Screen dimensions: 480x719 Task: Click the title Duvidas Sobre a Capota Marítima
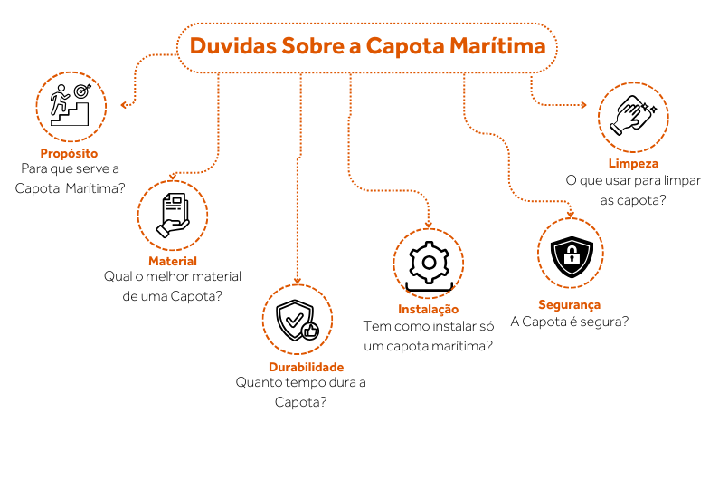pyautogui.click(x=367, y=46)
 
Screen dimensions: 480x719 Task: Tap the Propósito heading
pyautogui.click(x=69, y=153)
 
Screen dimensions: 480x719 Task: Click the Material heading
pyautogui.click(x=173, y=262)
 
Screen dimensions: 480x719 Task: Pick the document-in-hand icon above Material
pyautogui.click(x=173, y=215)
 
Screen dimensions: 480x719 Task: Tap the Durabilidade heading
pyautogui.click(x=306, y=367)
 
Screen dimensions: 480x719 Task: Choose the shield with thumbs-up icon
pyautogui.click(x=298, y=319)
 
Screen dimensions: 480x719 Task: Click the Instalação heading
pyautogui.click(x=428, y=309)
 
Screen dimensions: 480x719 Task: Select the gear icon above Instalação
pyautogui.click(x=429, y=263)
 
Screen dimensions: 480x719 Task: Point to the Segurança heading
pyautogui.click(x=569, y=305)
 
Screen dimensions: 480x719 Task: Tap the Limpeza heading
pyautogui.click(x=633, y=164)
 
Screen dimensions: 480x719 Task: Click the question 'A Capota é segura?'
pyautogui.click(x=570, y=322)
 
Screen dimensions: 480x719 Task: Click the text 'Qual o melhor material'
pyautogui.click(x=173, y=277)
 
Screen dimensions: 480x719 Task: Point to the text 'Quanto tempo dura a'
pyautogui.click(x=300, y=382)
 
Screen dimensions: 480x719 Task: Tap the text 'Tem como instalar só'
pyautogui.click(x=428, y=325)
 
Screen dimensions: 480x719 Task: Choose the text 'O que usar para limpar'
pyautogui.click(x=633, y=180)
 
